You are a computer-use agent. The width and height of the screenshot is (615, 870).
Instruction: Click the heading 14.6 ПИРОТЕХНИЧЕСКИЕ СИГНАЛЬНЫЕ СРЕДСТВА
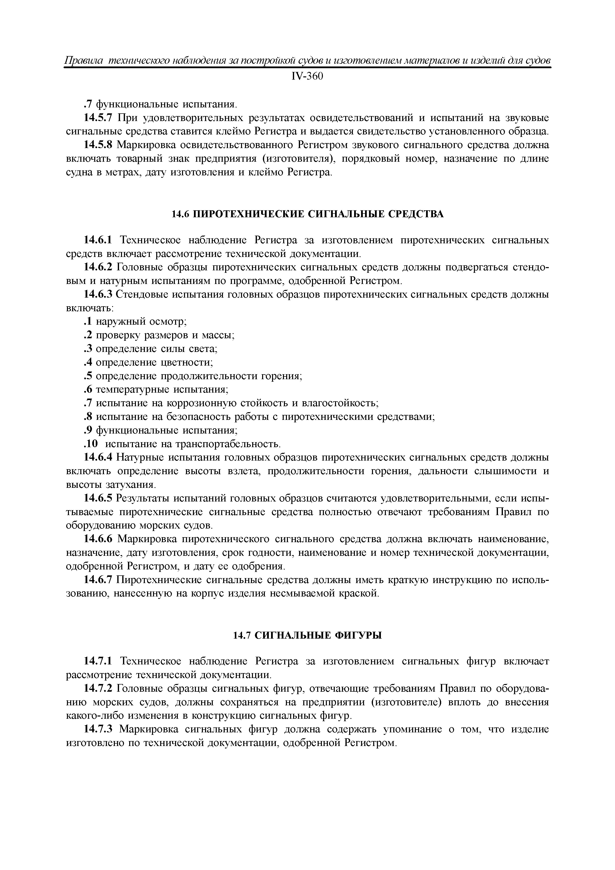tap(307, 215)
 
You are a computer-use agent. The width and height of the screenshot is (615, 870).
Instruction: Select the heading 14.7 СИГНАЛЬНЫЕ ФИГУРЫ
tap(307, 635)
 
